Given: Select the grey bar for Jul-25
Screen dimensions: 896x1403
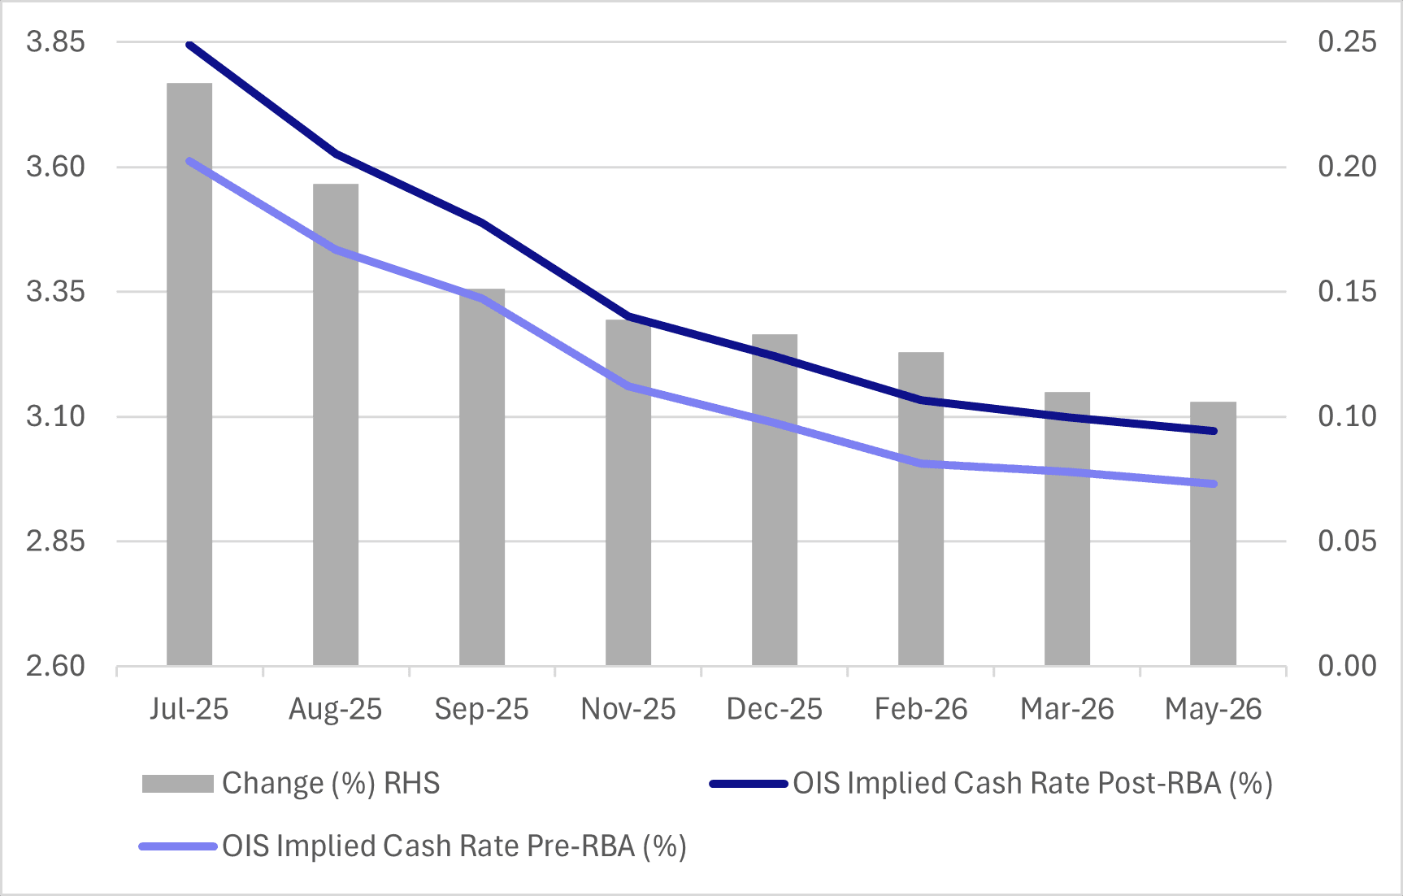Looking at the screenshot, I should click(x=189, y=374).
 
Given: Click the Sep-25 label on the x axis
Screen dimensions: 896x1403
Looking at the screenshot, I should click(x=481, y=709).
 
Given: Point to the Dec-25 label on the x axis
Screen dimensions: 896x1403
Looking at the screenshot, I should click(x=774, y=709).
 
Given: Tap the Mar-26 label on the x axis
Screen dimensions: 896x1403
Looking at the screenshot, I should click(x=1066, y=709).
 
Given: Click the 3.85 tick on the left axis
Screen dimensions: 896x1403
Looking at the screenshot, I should click(x=55, y=41).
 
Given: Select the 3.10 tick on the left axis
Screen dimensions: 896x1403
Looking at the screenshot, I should click(x=55, y=416).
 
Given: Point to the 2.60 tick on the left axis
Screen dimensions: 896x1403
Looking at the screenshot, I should click(x=55, y=666).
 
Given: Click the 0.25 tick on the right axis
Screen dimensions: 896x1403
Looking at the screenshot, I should click(x=1347, y=41).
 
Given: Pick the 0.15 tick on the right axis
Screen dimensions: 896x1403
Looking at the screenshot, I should click(x=1347, y=291).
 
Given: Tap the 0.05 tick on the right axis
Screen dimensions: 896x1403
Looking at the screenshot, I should click(x=1347, y=541).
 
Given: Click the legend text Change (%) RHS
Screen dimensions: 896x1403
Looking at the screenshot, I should click(x=330, y=783).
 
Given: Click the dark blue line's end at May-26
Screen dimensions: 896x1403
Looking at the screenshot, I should click(x=1214, y=431).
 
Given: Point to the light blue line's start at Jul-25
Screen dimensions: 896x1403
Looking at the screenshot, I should click(x=189, y=161).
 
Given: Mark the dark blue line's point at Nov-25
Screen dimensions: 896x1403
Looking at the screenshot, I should click(x=628, y=316).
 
